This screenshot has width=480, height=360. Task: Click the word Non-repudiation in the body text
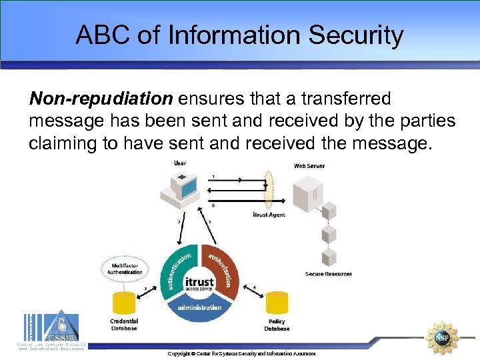pos(101,99)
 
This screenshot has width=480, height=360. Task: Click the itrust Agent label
pos(269,215)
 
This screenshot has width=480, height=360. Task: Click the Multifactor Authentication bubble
pos(125,269)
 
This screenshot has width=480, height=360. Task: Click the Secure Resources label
pos(329,274)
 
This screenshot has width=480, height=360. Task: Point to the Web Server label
pos(309,165)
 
